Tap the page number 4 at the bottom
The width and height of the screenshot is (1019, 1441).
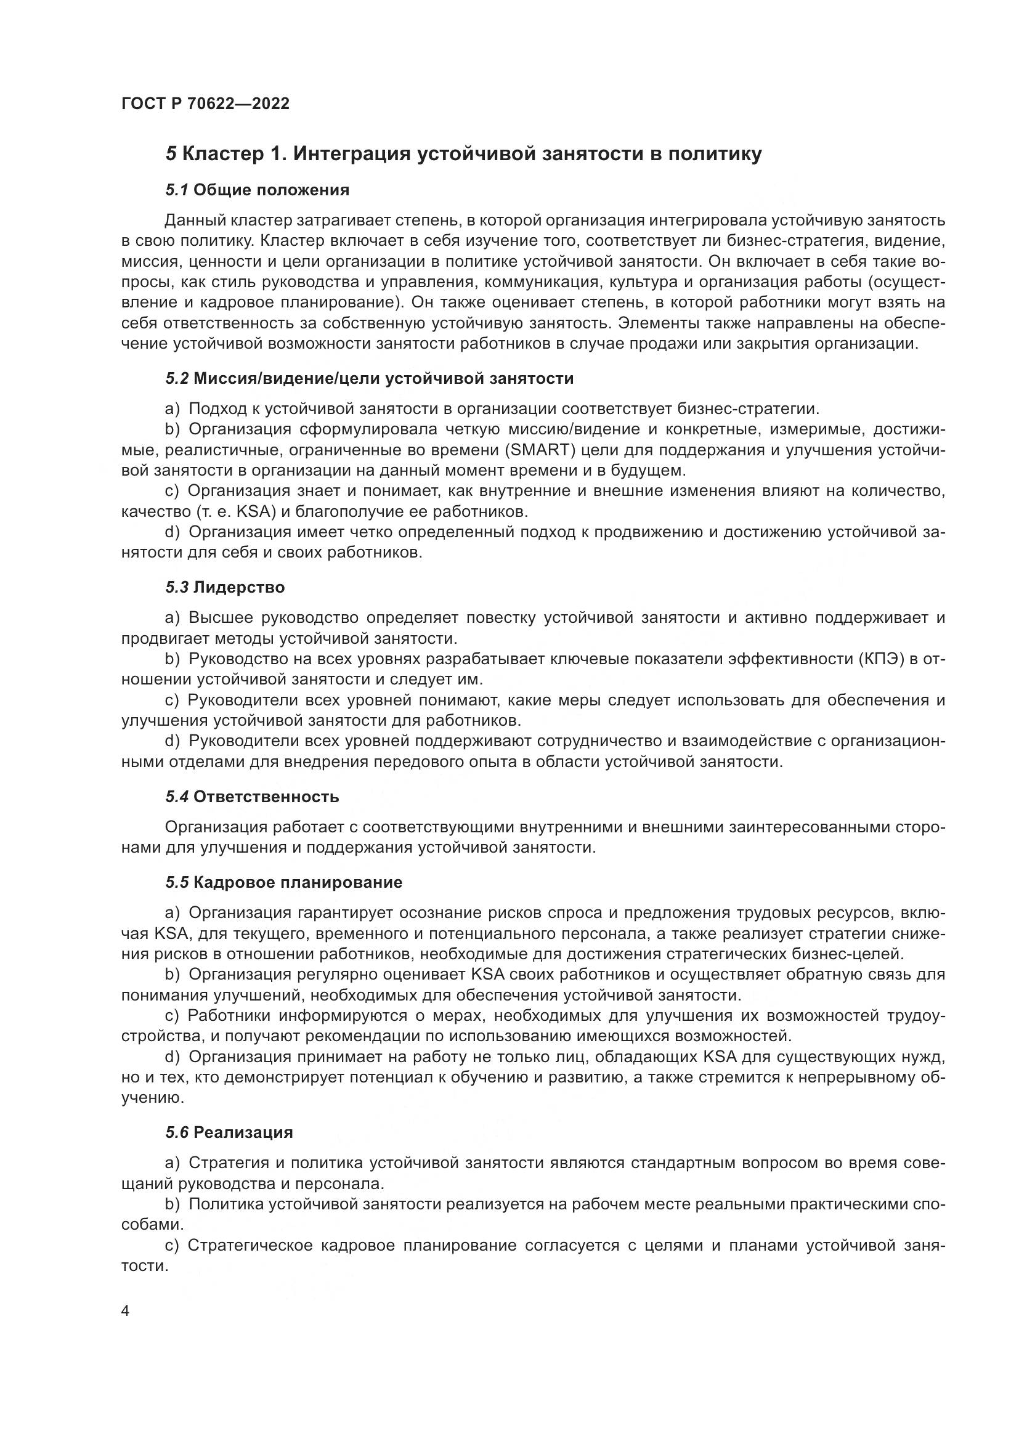point(126,1312)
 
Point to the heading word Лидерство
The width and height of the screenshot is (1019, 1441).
point(239,588)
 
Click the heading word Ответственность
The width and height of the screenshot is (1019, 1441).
point(266,797)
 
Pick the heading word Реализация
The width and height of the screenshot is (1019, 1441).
point(243,1132)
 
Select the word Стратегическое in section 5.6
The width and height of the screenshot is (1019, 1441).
point(250,1245)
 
